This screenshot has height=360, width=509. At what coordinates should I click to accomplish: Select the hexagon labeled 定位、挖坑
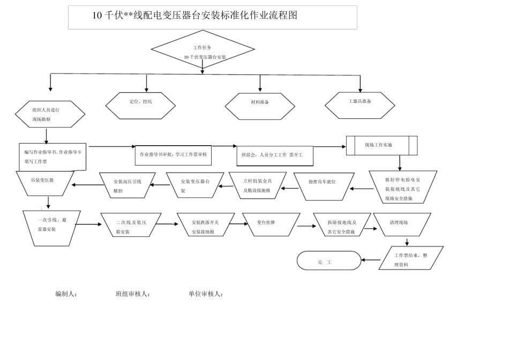tap(140, 105)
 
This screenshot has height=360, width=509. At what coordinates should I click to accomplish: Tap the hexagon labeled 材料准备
tap(260, 106)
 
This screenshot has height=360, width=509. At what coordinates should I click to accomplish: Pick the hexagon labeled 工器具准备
tap(360, 105)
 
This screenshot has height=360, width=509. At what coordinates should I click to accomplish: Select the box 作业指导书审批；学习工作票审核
tap(173, 154)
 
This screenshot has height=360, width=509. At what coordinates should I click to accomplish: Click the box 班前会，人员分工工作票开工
tap(274, 156)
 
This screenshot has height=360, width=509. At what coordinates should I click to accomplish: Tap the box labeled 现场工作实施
tap(381, 145)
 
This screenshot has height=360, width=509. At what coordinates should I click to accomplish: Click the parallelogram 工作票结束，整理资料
tap(410, 258)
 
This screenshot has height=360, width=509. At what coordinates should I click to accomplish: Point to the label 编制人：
tap(66, 294)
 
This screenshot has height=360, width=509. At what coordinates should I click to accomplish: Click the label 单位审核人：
tap(205, 294)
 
